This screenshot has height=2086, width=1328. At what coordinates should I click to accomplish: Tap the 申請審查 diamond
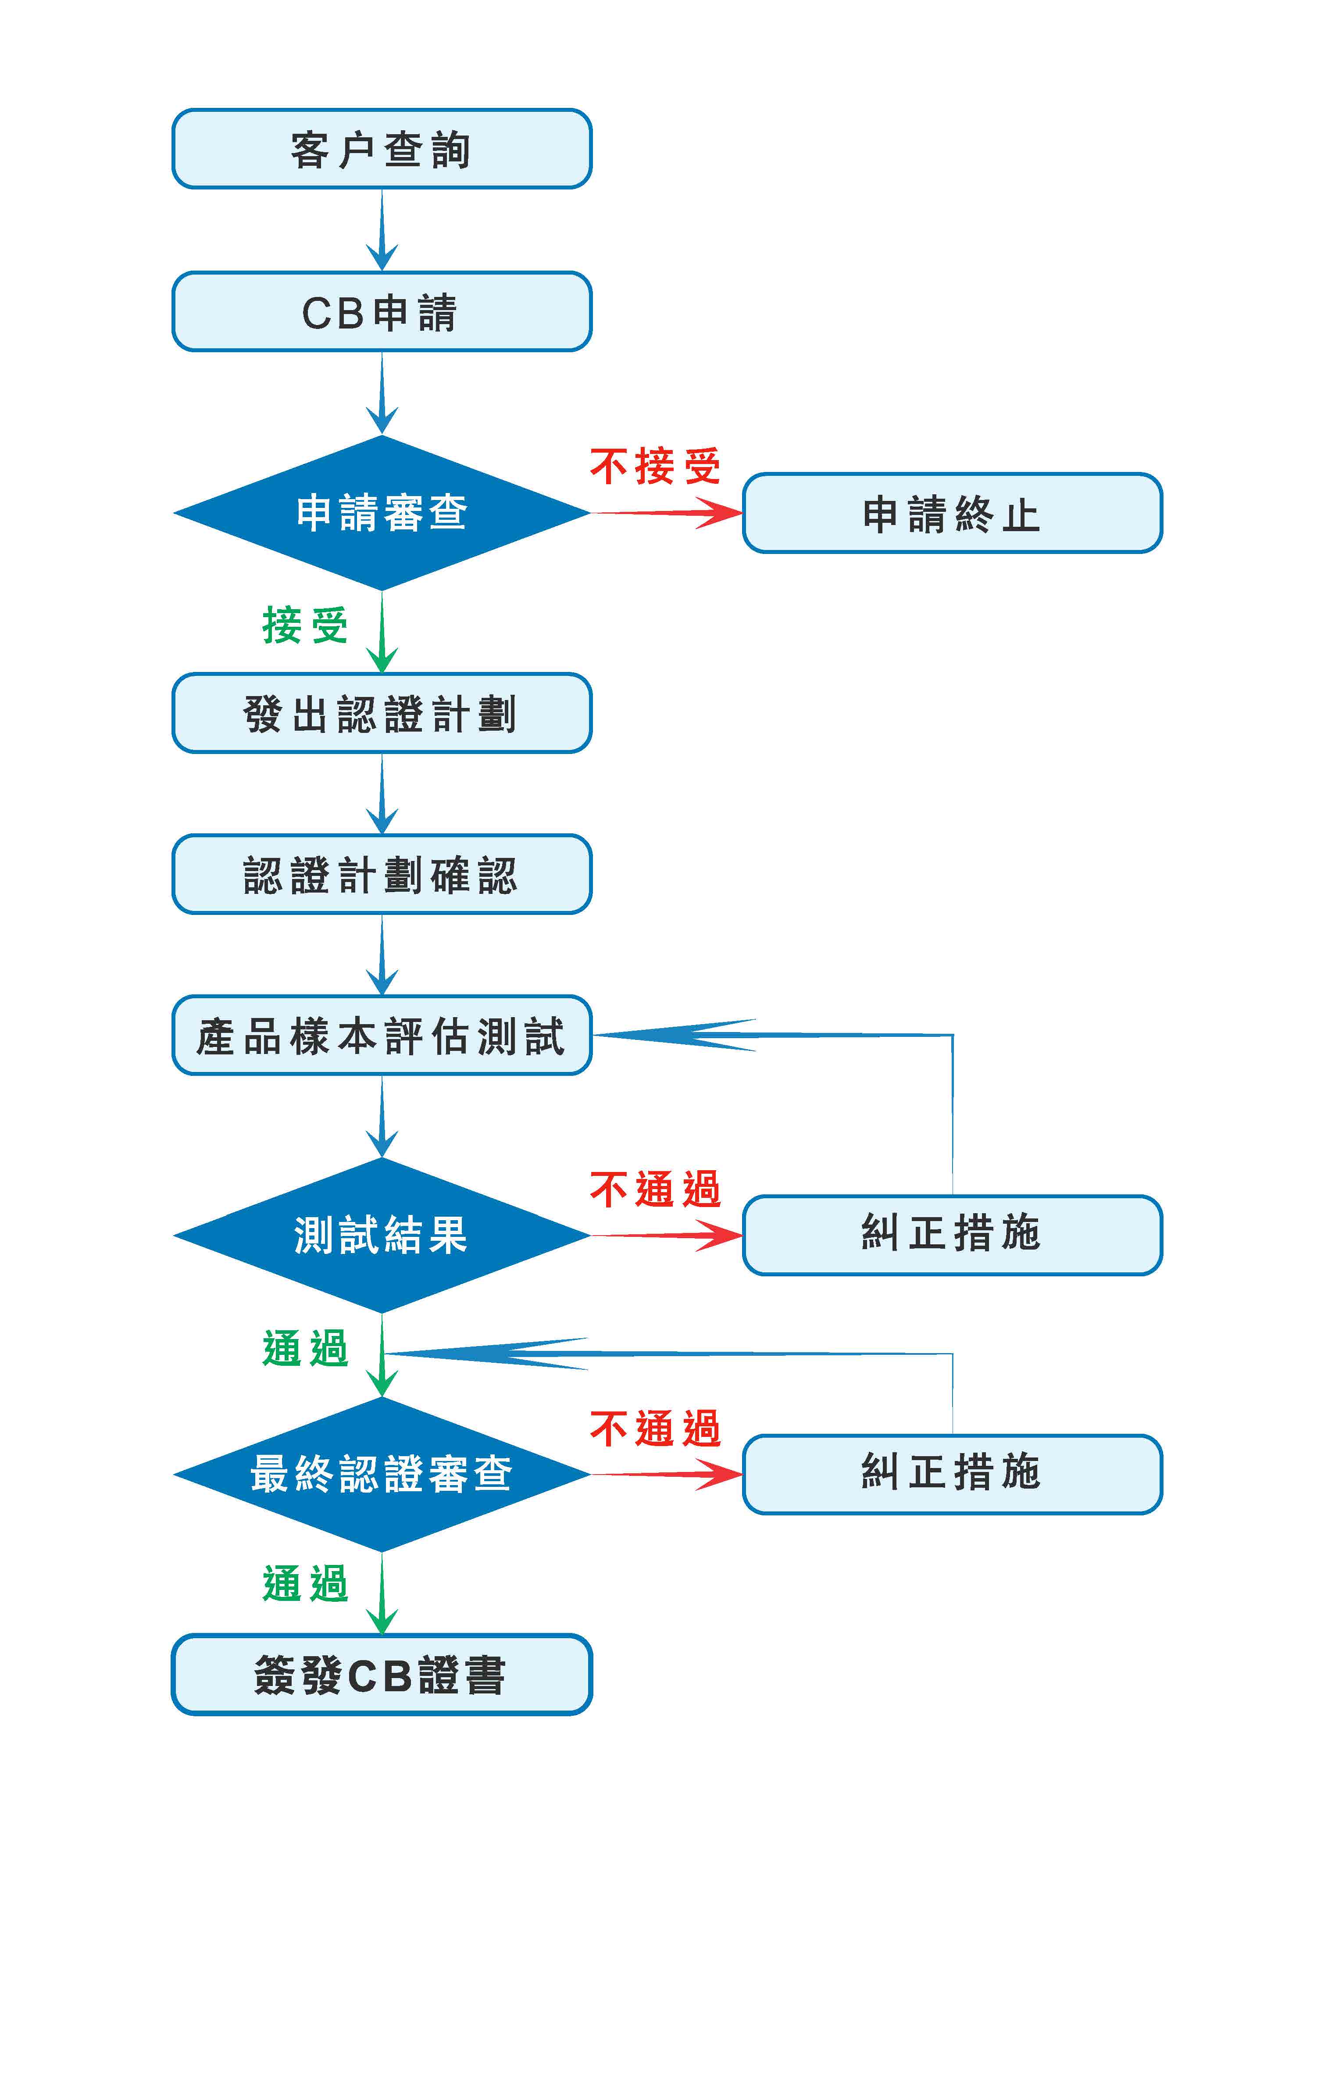pyautogui.click(x=382, y=513)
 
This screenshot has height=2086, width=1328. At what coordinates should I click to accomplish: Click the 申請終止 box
pyautogui.click(x=952, y=513)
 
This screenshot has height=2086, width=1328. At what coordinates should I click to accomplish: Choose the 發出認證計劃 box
pyautogui.click(x=382, y=713)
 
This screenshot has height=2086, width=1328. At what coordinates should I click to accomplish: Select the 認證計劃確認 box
pyautogui.click(x=382, y=874)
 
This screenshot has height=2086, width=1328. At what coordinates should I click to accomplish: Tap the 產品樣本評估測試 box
pyautogui.click(x=382, y=1035)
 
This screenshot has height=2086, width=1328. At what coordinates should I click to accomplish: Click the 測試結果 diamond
pyautogui.click(x=382, y=1235)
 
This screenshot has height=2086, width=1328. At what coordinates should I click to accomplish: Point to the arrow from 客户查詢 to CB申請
pyautogui.click(x=382, y=229)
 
